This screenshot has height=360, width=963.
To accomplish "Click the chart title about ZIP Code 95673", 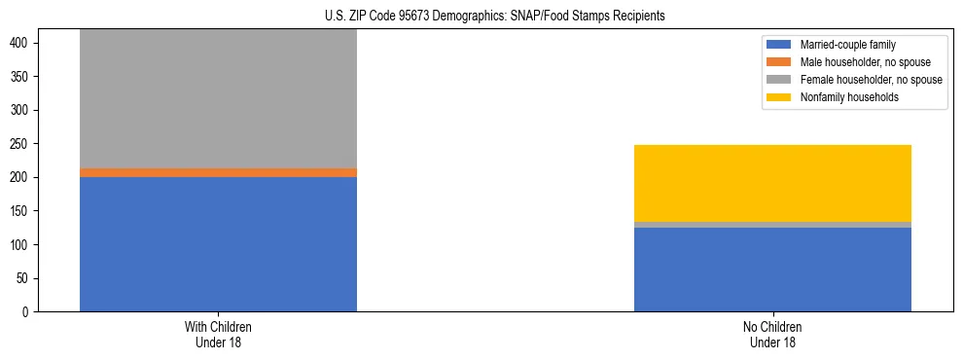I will tap(495, 17).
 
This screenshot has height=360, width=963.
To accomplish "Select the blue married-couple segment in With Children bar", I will tap(218, 244).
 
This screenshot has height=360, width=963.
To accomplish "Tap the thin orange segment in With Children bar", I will tap(218, 172).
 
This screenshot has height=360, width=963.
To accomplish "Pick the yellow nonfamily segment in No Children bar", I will tap(772, 183).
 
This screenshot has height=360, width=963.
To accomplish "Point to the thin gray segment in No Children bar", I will tap(772, 225).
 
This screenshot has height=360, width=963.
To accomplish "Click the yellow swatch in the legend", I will tap(779, 97).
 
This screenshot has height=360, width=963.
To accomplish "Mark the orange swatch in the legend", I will tap(779, 62).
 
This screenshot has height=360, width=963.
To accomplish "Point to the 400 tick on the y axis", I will tap(23, 43).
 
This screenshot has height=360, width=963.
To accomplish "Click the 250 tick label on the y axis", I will tap(23, 144).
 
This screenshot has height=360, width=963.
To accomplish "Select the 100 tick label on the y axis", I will tap(23, 244).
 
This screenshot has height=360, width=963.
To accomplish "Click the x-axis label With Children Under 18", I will tap(218, 334).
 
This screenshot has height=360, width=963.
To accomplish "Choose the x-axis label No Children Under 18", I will tap(772, 334).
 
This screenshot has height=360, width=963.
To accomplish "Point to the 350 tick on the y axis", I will tap(23, 77).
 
